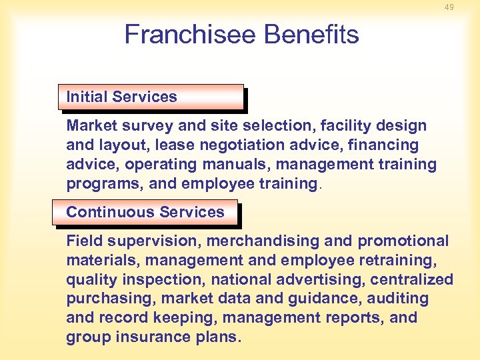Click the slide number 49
pyautogui.click(x=449, y=7)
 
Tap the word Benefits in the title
pyautogui.click(x=309, y=35)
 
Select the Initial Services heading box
pyautogui.click(x=151, y=97)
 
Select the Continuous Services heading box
pyautogui.click(x=145, y=212)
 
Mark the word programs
pyautogui.click(x=97, y=183)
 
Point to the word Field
pyautogui.click(x=83, y=241)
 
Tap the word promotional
pyautogui.click(x=403, y=241)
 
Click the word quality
pyautogui.click(x=90, y=280)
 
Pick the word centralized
pyautogui.click(x=412, y=279)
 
